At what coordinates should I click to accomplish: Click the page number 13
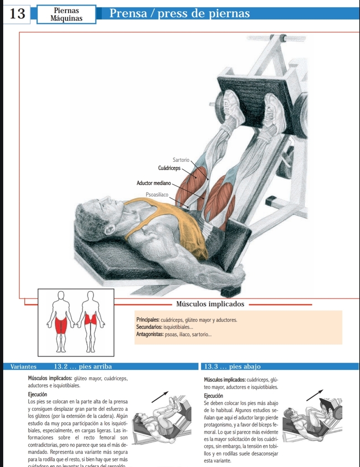17,14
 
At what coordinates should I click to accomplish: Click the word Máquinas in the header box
67,19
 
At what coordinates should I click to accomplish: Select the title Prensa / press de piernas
180,14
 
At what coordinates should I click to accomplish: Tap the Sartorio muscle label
181,160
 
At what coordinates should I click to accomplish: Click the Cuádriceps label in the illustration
169,168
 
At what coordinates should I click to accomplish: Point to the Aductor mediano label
154,183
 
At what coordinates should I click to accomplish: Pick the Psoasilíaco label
157,195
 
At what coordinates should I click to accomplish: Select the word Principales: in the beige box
148,320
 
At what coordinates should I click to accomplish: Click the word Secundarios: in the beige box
150,327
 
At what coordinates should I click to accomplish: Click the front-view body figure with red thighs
61,322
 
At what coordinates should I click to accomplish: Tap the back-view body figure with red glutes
91,322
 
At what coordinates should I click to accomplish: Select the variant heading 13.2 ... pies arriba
82,366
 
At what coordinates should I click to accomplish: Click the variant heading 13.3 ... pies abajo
232,366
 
